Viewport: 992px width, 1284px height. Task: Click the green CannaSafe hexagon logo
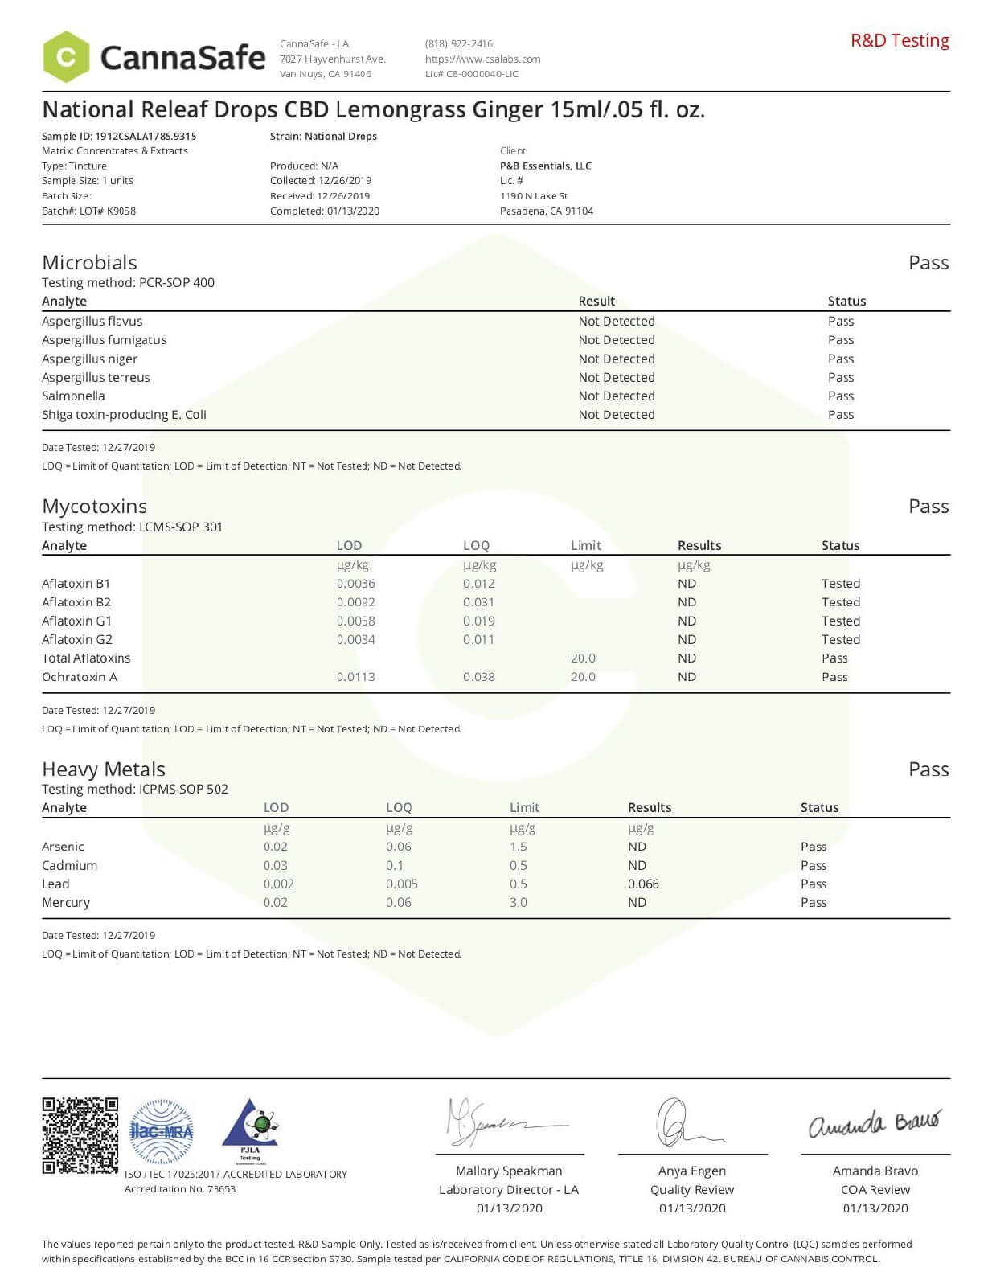tap(66, 57)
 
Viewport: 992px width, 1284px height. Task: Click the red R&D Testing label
tap(900, 41)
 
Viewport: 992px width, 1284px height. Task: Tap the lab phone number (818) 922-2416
tap(458, 44)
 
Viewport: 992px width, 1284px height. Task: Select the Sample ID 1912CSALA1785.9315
tap(119, 137)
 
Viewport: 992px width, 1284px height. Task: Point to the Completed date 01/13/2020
tap(325, 211)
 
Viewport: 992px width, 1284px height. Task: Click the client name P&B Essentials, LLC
tap(545, 166)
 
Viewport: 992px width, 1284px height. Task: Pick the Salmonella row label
tap(73, 396)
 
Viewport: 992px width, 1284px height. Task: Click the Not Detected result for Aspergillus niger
tap(617, 359)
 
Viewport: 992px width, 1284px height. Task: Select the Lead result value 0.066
tap(643, 884)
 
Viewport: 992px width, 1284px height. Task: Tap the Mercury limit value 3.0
tap(519, 903)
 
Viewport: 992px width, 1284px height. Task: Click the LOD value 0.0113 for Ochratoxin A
tap(355, 677)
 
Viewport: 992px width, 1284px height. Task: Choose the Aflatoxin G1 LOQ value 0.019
tap(478, 621)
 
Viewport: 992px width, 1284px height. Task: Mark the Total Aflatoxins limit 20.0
tap(583, 658)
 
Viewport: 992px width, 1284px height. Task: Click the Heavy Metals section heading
tap(104, 769)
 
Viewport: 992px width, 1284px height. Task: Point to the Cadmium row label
tap(69, 866)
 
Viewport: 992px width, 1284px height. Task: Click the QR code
tap(80, 1135)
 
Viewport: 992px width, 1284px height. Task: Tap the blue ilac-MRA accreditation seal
tap(162, 1132)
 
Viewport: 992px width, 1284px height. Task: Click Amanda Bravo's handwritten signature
tap(874, 1123)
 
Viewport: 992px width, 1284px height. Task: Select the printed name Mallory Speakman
tap(509, 1171)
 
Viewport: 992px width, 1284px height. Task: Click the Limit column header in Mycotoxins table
tap(585, 546)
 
